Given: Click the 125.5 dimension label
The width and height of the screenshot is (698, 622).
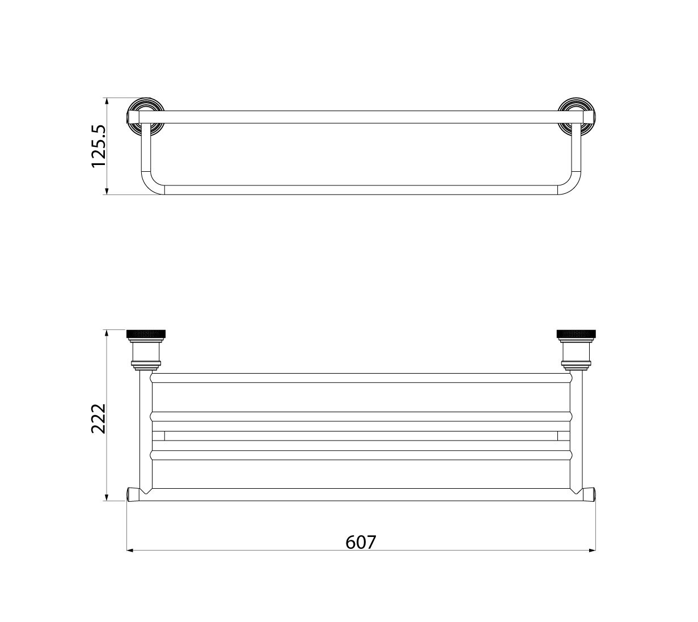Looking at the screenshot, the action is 99,146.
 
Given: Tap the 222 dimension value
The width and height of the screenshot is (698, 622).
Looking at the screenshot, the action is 99,418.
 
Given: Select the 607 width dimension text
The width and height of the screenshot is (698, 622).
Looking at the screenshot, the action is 361,542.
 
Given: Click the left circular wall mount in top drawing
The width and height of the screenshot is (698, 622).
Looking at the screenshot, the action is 146,116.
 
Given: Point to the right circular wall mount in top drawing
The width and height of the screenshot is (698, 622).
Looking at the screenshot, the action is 577,116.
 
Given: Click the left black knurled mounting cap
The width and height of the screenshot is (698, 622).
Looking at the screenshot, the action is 146,334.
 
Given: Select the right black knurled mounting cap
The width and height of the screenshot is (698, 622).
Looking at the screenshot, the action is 576,334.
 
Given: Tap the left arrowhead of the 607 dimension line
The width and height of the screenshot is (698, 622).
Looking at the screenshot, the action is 130,551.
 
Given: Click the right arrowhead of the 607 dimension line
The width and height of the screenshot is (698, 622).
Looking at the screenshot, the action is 593,551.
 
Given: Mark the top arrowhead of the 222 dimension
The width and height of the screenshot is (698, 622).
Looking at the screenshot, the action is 107,333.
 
